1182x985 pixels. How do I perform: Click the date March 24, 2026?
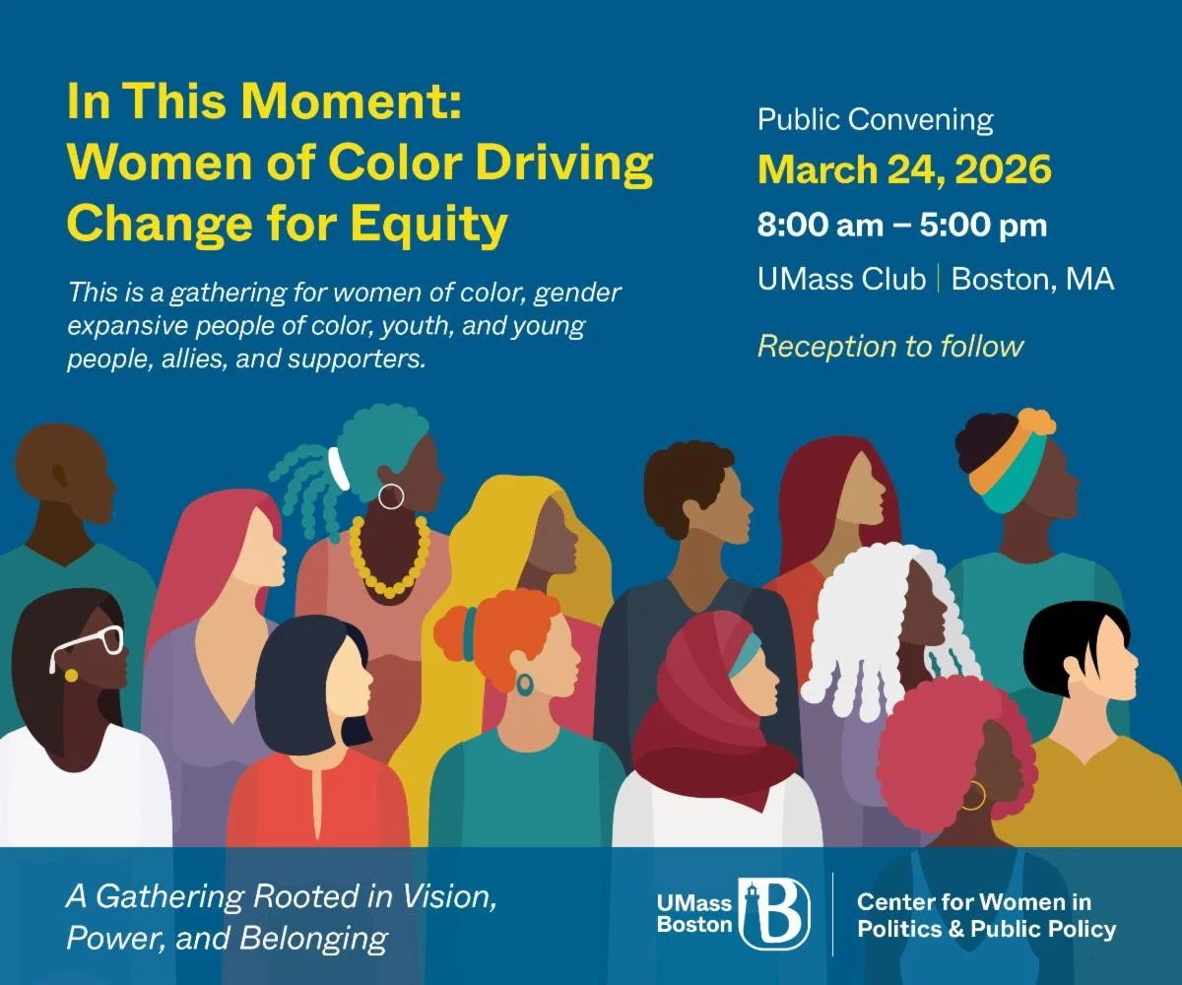click(x=903, y=170)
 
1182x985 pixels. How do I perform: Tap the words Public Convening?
click(x=875, y=120)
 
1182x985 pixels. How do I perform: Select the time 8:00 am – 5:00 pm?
click(x=901, y=226)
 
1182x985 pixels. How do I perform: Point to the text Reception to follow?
click(x=889, y=347)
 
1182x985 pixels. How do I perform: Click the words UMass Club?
click(x=841, y=280)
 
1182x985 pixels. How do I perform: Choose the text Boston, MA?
click(x=1032, y=280)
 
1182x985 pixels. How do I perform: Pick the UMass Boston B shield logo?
click(x=775, y=913)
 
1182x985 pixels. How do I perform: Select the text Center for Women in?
click(x=973, y=901)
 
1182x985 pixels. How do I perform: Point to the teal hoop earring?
click(x=525, y=684)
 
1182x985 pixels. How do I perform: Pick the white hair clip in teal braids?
click(x=339, y=468)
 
